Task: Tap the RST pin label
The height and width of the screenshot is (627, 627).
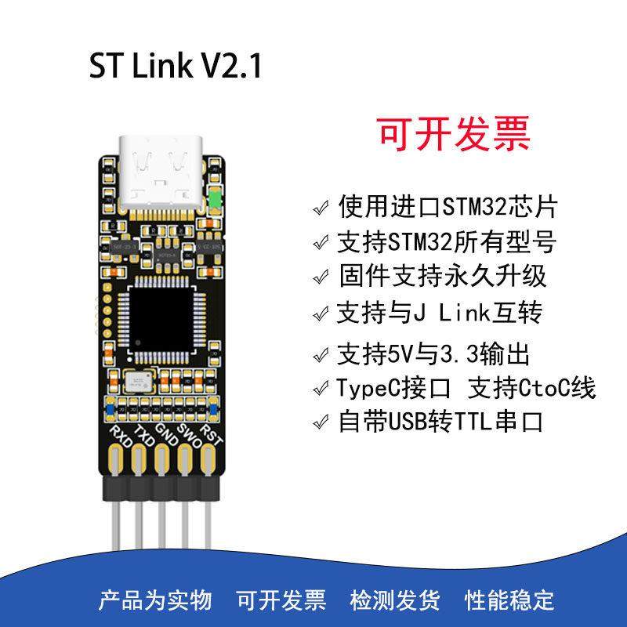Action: [x=212, y=434]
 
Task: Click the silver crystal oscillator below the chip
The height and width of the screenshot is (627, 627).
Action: [x=138, y=382]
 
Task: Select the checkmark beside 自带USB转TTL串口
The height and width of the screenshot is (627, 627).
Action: [x=320, y=423]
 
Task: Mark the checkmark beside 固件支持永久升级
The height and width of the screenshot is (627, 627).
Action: [x=320, y=277]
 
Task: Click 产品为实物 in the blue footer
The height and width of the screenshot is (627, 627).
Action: [x=154, y=600]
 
